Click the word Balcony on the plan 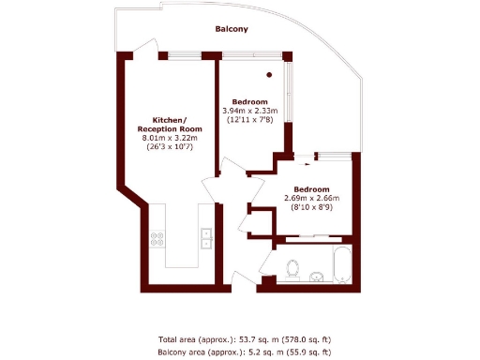[232, 29]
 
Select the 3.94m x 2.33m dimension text [250, 111]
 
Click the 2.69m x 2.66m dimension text [311, 198]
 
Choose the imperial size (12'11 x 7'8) [250, 120]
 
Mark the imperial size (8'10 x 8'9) [311, 207]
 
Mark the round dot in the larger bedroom [269, 74]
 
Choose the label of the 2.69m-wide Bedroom [311, 188]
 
